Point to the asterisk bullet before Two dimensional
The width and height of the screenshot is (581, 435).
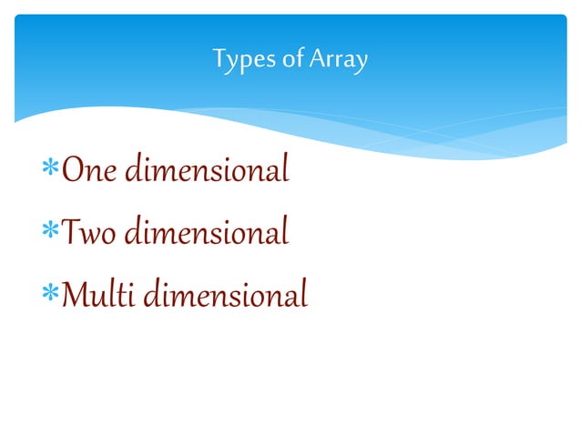tap(50, 234)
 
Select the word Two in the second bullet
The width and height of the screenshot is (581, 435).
tap(89, 234)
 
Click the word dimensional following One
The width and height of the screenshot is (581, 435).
tap(206, 170)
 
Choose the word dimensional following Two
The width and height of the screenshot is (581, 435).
tap(207, 234)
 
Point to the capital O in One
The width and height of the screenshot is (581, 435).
tap(71, 171)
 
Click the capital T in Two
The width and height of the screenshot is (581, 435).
tap(69, 234)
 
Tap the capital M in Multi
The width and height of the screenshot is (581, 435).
tap(74, 297)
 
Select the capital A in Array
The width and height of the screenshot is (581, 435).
tap(312, 60)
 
